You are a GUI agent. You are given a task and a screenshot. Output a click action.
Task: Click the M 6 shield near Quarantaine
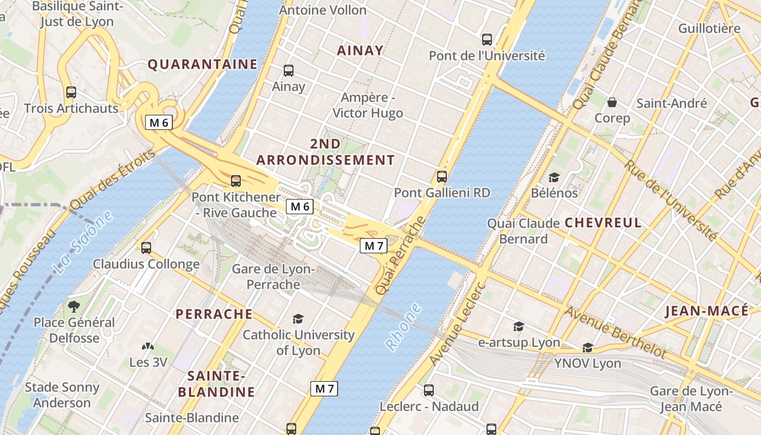[159, 122]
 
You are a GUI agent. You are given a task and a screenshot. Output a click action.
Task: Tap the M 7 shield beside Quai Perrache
[374, 246]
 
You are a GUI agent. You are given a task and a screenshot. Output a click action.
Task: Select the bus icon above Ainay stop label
[289, 70]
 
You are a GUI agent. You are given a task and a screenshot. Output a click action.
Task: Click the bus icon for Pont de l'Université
[487, 39]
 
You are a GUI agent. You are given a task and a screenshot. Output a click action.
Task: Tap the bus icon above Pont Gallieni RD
[442, 176]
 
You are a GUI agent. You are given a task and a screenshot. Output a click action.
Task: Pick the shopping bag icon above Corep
[612, 102]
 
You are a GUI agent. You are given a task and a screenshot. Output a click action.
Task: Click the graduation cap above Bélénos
[554, 177]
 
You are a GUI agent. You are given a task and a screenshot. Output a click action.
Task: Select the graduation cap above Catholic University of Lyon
[298, 319]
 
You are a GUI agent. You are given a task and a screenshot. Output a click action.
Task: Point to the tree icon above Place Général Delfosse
[74, 306]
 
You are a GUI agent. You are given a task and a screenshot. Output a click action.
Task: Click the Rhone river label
[403, 326]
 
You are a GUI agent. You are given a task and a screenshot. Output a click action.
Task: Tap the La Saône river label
[84, 241]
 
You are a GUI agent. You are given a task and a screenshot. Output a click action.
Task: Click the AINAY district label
[360, 51]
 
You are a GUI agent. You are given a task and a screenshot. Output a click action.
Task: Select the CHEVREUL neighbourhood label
[603, 222]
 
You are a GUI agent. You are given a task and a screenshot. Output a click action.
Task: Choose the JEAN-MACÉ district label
[706, 311]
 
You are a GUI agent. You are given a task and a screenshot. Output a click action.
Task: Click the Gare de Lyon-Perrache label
[273, 277]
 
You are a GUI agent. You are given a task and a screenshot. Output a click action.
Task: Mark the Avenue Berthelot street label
[615, 332]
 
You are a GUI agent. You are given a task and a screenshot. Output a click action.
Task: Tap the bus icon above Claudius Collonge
[146, 248]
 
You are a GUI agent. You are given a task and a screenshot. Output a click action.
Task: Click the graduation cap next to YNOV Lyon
[588, 347]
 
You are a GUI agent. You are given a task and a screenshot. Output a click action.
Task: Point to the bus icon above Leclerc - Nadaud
[429, 390]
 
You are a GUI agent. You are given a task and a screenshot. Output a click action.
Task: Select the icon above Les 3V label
[148, 346]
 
